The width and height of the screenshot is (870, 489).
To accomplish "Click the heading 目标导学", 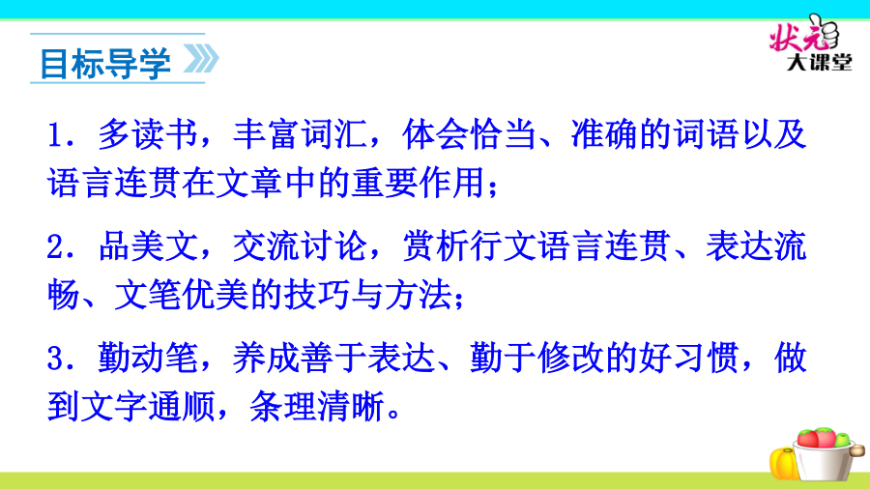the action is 105,63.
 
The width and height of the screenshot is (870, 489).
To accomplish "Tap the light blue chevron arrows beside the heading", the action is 201,59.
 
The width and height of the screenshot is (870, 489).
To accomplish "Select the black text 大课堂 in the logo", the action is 819,62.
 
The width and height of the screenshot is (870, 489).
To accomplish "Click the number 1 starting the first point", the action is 56,135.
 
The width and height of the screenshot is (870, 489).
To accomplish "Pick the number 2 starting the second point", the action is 56,246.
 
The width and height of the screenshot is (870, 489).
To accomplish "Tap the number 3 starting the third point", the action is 56,359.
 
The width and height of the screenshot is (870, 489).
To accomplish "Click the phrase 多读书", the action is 148,134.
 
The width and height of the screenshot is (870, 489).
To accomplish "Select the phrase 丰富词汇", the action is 301,134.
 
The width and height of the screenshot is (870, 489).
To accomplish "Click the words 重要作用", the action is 419,183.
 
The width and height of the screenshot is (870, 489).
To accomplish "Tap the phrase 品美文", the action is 148,246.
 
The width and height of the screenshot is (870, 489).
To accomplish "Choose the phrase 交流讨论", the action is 301,246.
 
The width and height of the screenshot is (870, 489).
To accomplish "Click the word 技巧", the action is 317,295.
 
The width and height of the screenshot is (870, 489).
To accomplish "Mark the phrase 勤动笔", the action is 148,358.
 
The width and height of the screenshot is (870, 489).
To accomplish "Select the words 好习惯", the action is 688,358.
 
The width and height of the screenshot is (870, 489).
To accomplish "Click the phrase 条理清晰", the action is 317,407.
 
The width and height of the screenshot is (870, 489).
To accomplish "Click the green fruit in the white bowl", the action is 842,440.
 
